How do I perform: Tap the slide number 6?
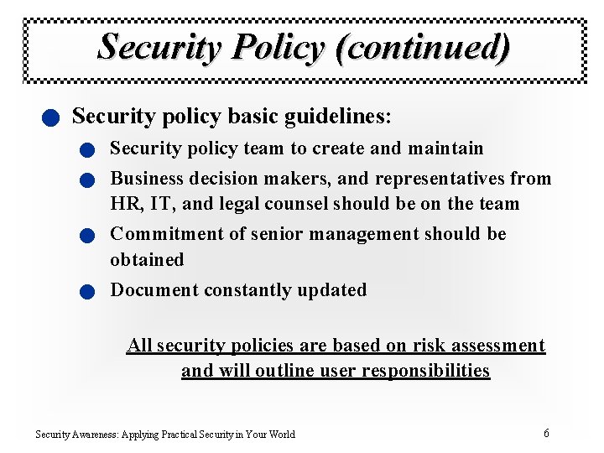(x=546, y=434)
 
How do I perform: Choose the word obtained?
(x=147, y=260)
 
